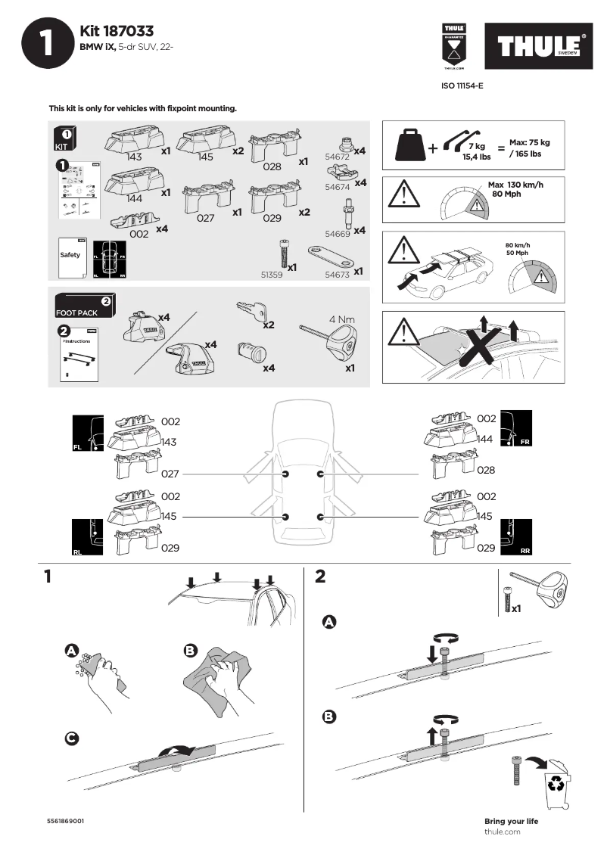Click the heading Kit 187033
[117, 31]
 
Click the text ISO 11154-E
[462, 86]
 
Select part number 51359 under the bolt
[271, 276]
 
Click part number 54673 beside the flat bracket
[337, 275]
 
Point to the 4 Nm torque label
[341, 319]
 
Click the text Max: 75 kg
[529, 142]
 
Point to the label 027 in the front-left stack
[170, 474]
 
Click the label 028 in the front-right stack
[486, 470]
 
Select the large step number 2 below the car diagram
[319, 577]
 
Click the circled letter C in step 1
[70, 738]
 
